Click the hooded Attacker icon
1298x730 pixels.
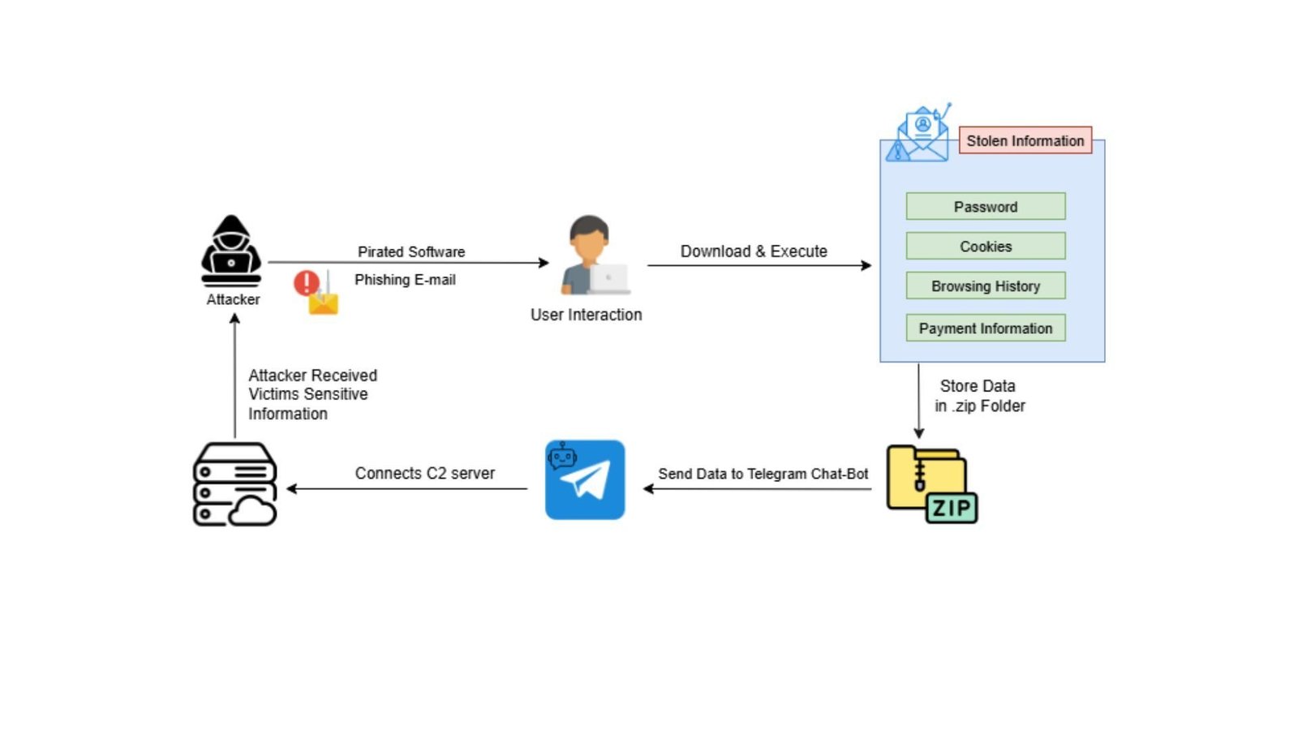pos(231,251)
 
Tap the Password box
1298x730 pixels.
pos(985,206)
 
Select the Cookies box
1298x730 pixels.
pos(985,246)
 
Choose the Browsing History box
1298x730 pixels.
pos(985,286)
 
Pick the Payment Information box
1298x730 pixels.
pos(985,328)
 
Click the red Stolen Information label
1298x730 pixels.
pos(1025,140)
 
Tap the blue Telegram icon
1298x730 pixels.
pos(585,479)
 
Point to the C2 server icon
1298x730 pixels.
pos(234,484)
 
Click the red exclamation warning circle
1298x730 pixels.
pos(306,282)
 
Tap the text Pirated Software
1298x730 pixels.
pos(411,251)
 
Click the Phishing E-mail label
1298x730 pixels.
pos(405,279)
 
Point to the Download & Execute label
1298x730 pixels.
pos(753,251)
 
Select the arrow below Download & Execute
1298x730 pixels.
pos(759,265)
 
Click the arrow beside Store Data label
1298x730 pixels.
pos(918,401)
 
